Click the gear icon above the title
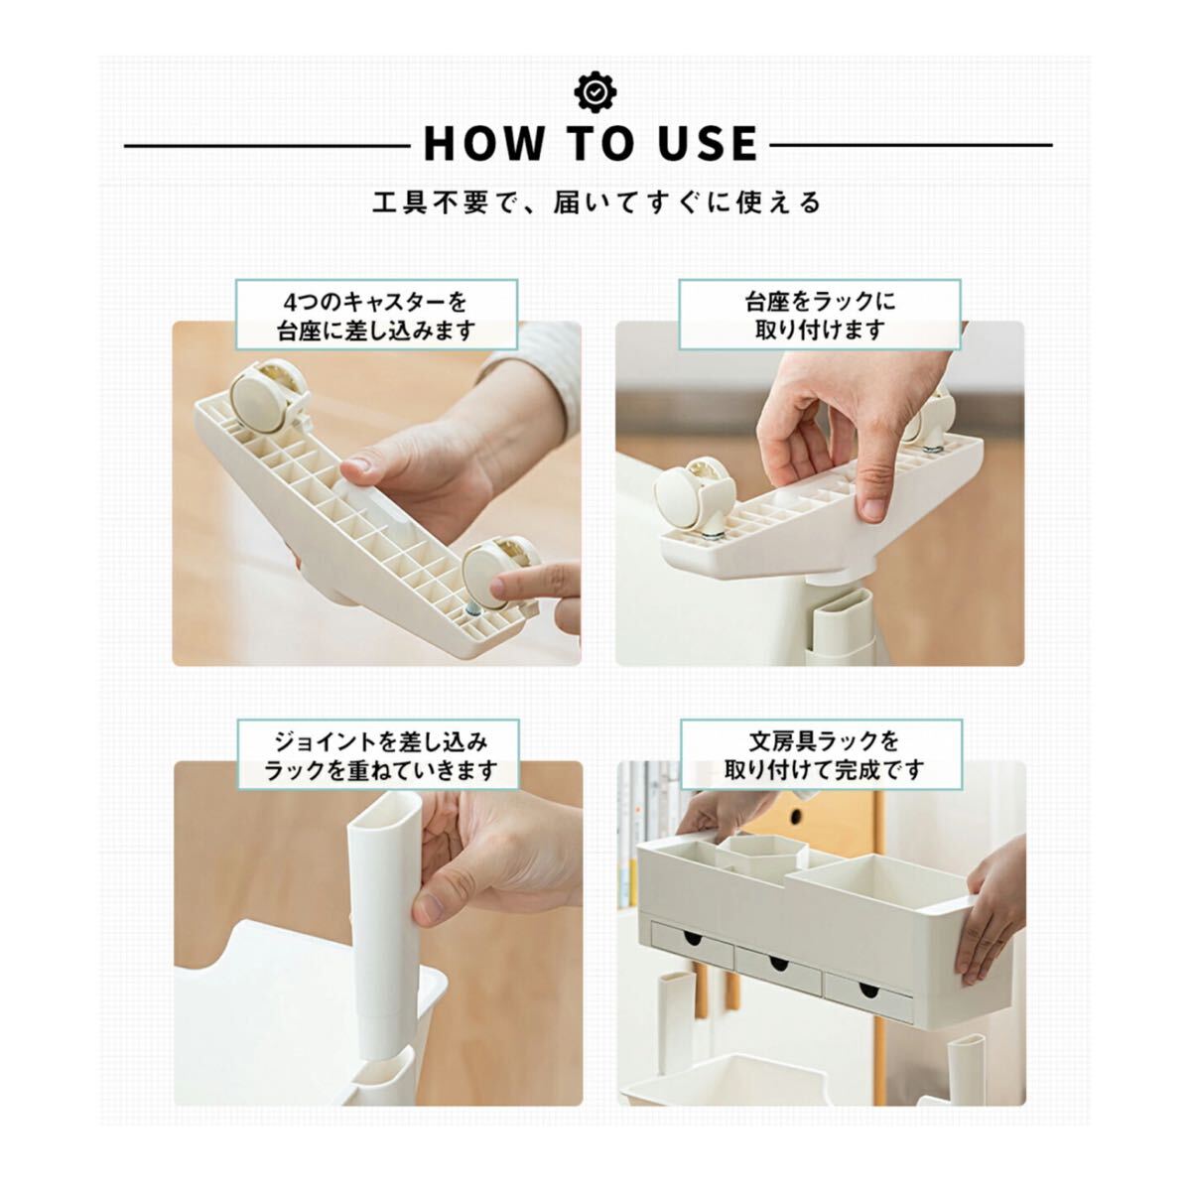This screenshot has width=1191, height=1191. click(x=595, y=92)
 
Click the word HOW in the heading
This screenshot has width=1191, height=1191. click(x=484, y=145)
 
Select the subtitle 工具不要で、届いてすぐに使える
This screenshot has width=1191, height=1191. click(x=595, y=202)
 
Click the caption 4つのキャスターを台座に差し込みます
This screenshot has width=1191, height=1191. click(x=376, y=317)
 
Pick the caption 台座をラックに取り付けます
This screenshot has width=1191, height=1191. click(x=820, y=317)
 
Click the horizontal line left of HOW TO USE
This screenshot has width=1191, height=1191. click(x=267, y=146)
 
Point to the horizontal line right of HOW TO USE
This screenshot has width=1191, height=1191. click(x=911, y=146)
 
